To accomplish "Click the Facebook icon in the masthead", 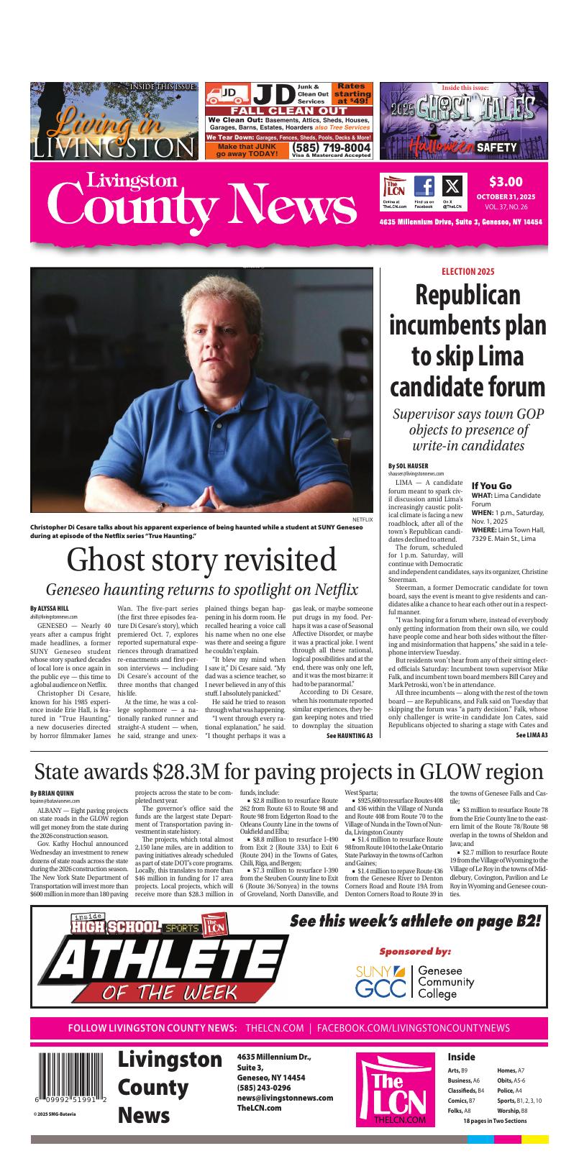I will pos(424,187).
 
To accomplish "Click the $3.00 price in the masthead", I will pos(506,181).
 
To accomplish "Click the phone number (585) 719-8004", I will pos(332,147).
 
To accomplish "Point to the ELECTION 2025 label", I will pos(468,272).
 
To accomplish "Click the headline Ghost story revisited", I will pos(201,560).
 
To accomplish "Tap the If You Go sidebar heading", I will pos(492,486).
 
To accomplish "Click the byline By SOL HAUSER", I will pos(408,465).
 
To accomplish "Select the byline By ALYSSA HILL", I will pos(50,609).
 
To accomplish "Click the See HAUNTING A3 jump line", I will pos(350,736).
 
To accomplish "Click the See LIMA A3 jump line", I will pos(532,735).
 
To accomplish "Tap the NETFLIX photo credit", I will pos(362,518).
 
